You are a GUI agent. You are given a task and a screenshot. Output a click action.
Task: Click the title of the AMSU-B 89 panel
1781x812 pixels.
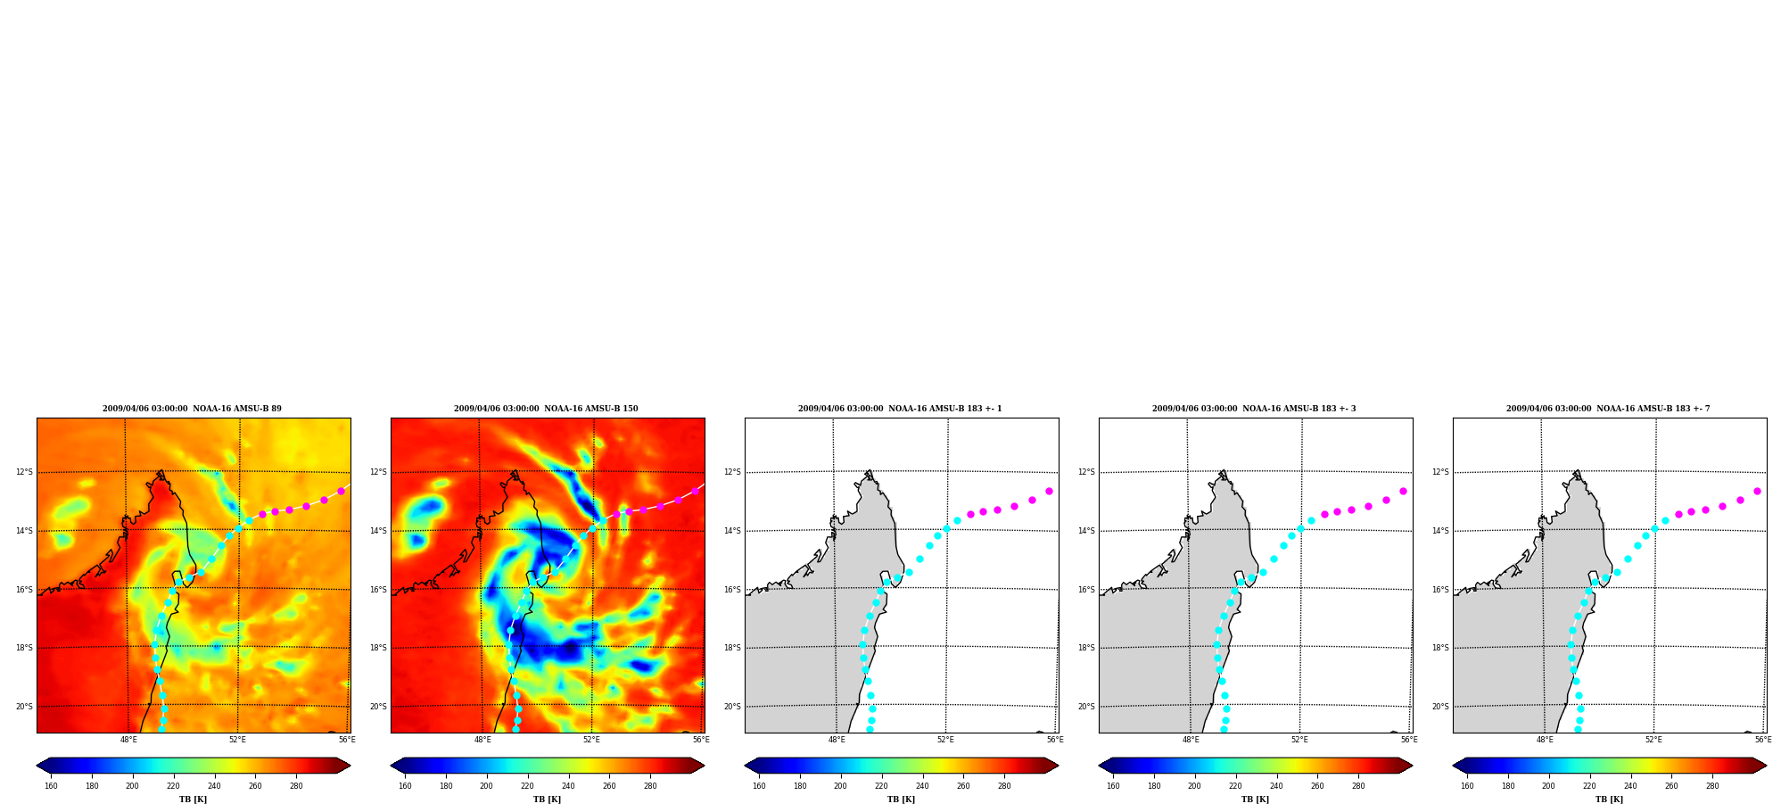click(192, 409)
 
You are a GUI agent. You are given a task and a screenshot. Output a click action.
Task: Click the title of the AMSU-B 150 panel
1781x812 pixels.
click(546, 409)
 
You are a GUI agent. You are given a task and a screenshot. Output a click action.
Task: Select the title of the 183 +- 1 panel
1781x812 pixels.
click(900, 409)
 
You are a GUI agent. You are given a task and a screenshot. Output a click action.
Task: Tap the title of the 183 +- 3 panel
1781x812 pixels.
click(1254, 409)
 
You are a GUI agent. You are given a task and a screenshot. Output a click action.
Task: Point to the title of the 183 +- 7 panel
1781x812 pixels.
click(1608, 409)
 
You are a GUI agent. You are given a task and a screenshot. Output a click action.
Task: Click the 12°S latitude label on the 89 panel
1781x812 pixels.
click(24, 472)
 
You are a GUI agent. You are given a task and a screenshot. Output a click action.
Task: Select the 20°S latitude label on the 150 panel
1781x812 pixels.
click(378, 707)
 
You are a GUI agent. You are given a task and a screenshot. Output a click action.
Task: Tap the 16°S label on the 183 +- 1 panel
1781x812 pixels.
click(732, 590)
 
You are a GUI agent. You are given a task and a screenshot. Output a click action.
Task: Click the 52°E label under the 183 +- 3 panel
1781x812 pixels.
click(1299, 740)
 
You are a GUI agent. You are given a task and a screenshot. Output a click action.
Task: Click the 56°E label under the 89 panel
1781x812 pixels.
click(347, 740)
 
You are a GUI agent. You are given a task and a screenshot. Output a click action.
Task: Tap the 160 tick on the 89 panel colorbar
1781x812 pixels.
click(51, 786)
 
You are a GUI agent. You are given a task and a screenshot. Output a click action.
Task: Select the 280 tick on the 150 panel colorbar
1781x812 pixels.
click(650, 786)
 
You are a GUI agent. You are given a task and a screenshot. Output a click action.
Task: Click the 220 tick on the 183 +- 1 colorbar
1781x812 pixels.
click(881, 786)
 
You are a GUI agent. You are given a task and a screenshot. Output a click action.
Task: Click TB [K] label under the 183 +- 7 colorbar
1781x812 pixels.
click(1609, 800)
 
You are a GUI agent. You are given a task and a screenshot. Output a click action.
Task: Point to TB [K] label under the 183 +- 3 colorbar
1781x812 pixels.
click(1255, 800)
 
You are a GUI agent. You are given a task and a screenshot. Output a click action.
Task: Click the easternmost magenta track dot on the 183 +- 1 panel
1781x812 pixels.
click(1049, 491)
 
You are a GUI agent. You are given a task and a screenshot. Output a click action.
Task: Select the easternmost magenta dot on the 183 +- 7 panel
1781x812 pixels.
click(1757, 491)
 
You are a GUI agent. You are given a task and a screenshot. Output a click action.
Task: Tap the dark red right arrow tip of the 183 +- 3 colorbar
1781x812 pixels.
click(1412, 766)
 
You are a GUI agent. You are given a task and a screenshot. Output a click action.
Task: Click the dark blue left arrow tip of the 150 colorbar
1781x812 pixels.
click(392, 766)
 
